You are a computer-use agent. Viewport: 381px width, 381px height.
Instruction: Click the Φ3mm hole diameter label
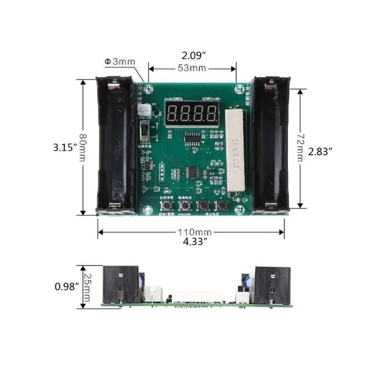120,61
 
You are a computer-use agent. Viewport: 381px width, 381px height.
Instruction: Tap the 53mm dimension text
192,68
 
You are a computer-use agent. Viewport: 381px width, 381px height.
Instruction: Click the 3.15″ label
64,148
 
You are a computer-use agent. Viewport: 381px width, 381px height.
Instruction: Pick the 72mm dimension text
299,149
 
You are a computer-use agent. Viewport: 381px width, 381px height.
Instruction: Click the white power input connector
141,110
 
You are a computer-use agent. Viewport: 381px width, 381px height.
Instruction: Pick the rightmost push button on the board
221,206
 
